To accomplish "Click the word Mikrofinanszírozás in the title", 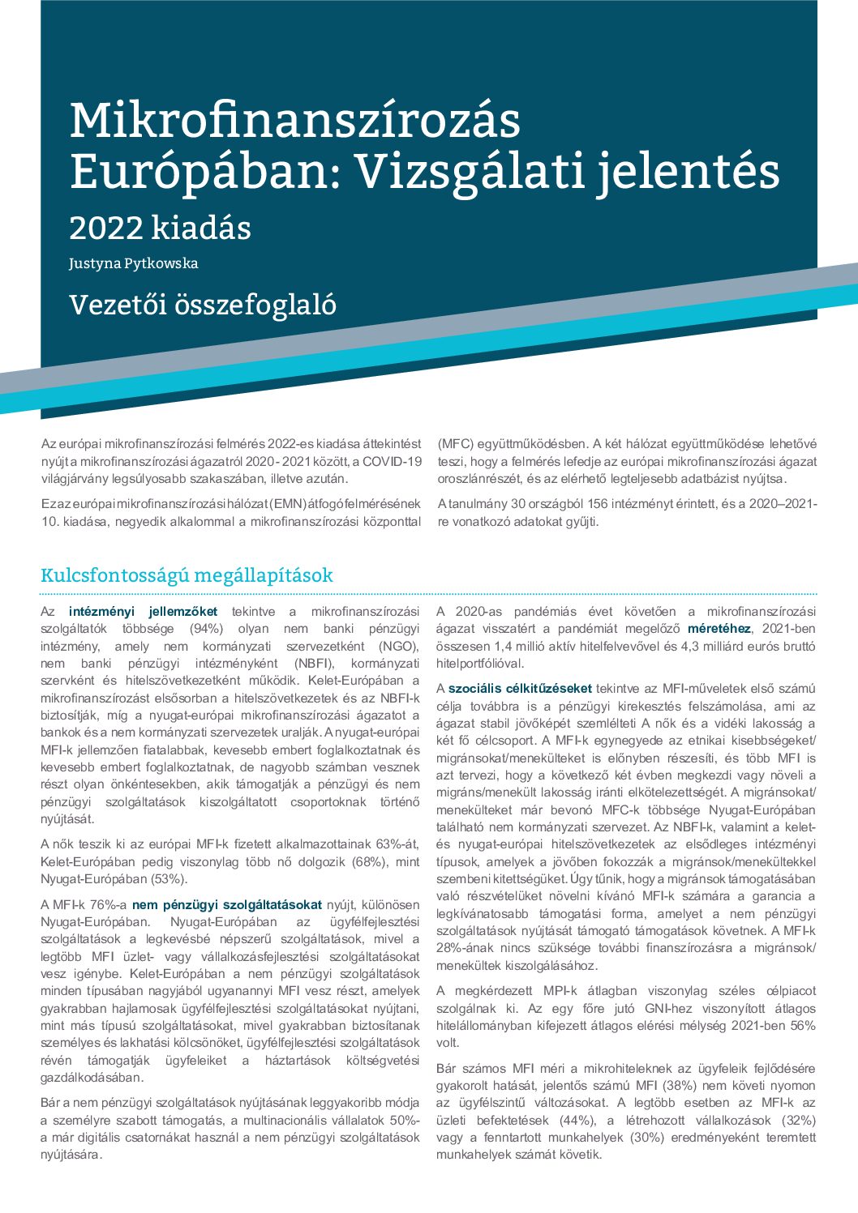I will [294, 121].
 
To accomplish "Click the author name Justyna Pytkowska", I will [133, 263].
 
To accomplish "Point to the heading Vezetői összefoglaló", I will [203, 305].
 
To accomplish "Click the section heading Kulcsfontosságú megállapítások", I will [187, 575].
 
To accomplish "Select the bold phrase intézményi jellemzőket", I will [143, 612].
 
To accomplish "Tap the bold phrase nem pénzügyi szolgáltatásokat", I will [227, 904].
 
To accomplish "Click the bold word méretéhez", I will [719, 629].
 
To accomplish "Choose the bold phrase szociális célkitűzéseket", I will [520, 689].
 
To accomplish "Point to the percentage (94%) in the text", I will [206, 629].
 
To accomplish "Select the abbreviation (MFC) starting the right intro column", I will [455, 444].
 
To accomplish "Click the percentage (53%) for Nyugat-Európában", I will [166, 878].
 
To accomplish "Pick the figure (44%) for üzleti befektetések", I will [579, 1120].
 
